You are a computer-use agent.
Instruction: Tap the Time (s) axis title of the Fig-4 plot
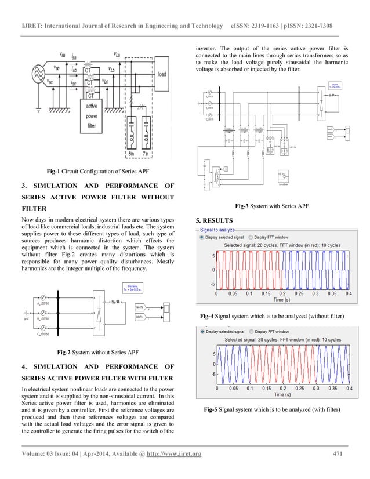click(282, 300)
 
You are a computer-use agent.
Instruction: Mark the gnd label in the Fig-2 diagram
click(27, 317)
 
